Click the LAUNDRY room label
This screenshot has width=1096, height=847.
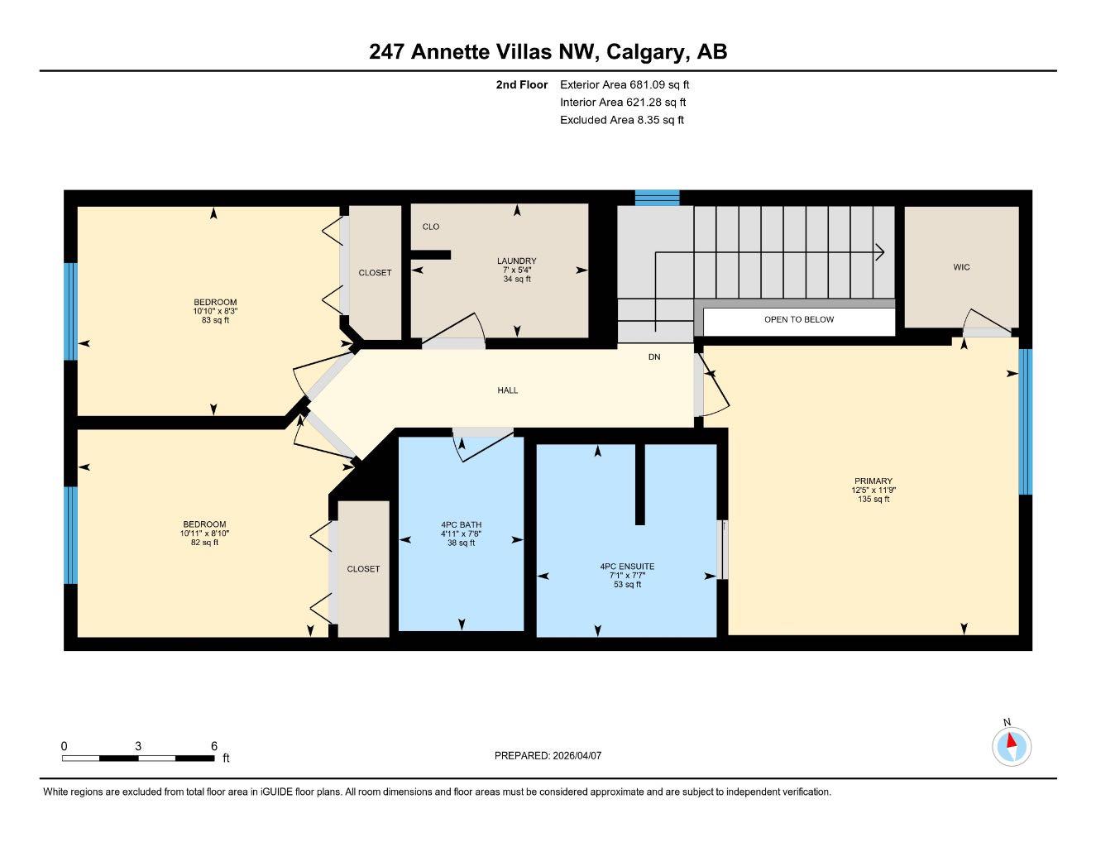516,261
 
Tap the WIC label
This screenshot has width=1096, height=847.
961,267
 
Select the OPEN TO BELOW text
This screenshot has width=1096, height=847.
799,319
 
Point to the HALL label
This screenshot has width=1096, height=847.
507,390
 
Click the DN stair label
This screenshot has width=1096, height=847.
654,357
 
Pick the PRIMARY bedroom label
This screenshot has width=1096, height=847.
873,481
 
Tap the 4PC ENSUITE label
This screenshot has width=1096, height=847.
627,567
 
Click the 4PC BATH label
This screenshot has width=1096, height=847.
461,525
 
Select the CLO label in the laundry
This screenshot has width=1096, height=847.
431,227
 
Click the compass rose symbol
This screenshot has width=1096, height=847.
1012,747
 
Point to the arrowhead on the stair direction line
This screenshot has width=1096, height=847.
880,251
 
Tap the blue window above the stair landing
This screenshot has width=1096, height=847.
657,198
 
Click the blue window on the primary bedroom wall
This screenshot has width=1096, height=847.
1026,422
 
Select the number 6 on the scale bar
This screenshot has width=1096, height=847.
214,746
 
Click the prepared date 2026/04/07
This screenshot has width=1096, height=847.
577,756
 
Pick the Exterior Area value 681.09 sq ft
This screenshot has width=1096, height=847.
658,84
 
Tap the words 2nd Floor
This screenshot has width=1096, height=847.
521,84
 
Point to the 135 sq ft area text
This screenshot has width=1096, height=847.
873,499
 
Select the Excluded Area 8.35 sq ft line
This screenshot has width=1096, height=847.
622,120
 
